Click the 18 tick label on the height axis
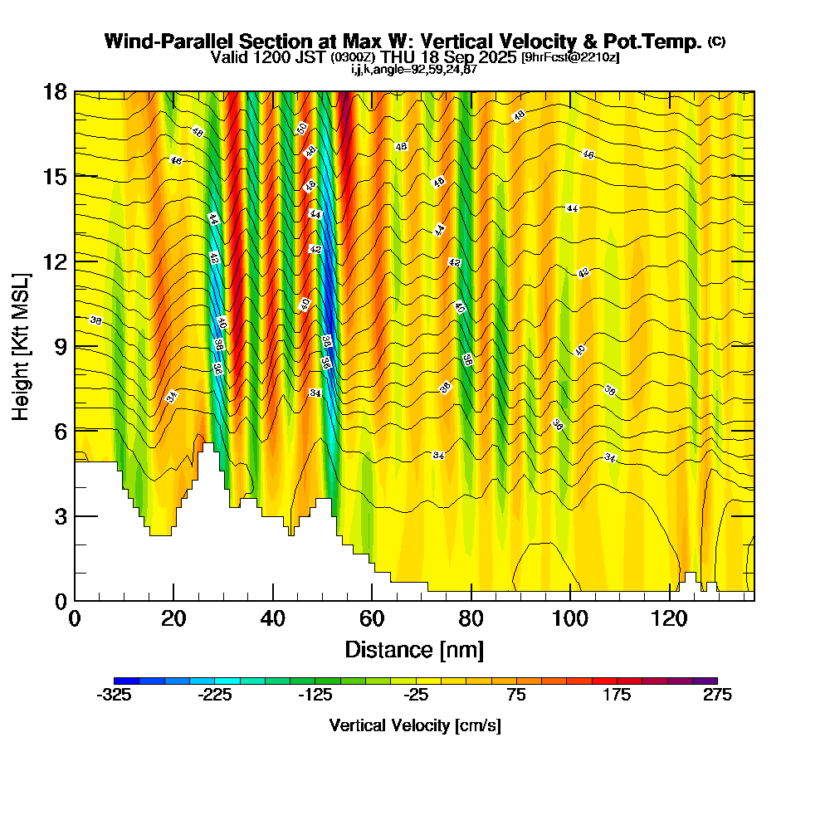point(54,91)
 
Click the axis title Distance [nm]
point(414,648)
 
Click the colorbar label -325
point(114,696)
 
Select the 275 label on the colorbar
point(717,696)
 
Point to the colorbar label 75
point(516,696)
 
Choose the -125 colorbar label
point(315,696)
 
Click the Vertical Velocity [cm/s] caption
point(415,725)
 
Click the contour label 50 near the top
point(302,129)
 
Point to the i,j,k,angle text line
point(414,70)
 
